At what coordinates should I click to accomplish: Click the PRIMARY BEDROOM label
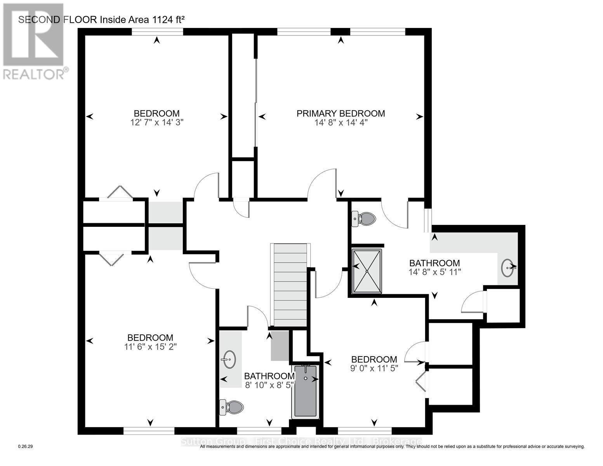pos(341,113)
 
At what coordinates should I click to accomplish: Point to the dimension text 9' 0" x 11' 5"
pos(374,368)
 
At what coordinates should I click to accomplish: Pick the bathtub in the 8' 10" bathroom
pos(306,391)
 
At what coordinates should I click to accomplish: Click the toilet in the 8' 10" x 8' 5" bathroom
pos(232,407)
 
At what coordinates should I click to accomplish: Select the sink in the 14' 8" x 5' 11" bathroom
pos(508,268)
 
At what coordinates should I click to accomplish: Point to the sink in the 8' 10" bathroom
pos(229,360)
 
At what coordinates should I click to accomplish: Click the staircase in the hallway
pos(290,285)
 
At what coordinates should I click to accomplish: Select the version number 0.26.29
pos(26,447)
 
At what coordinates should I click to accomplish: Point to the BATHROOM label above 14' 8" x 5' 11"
pos(434,263)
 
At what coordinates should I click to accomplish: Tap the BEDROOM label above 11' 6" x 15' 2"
pos(151,337)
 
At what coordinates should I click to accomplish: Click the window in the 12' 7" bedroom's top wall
pos(157,32)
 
